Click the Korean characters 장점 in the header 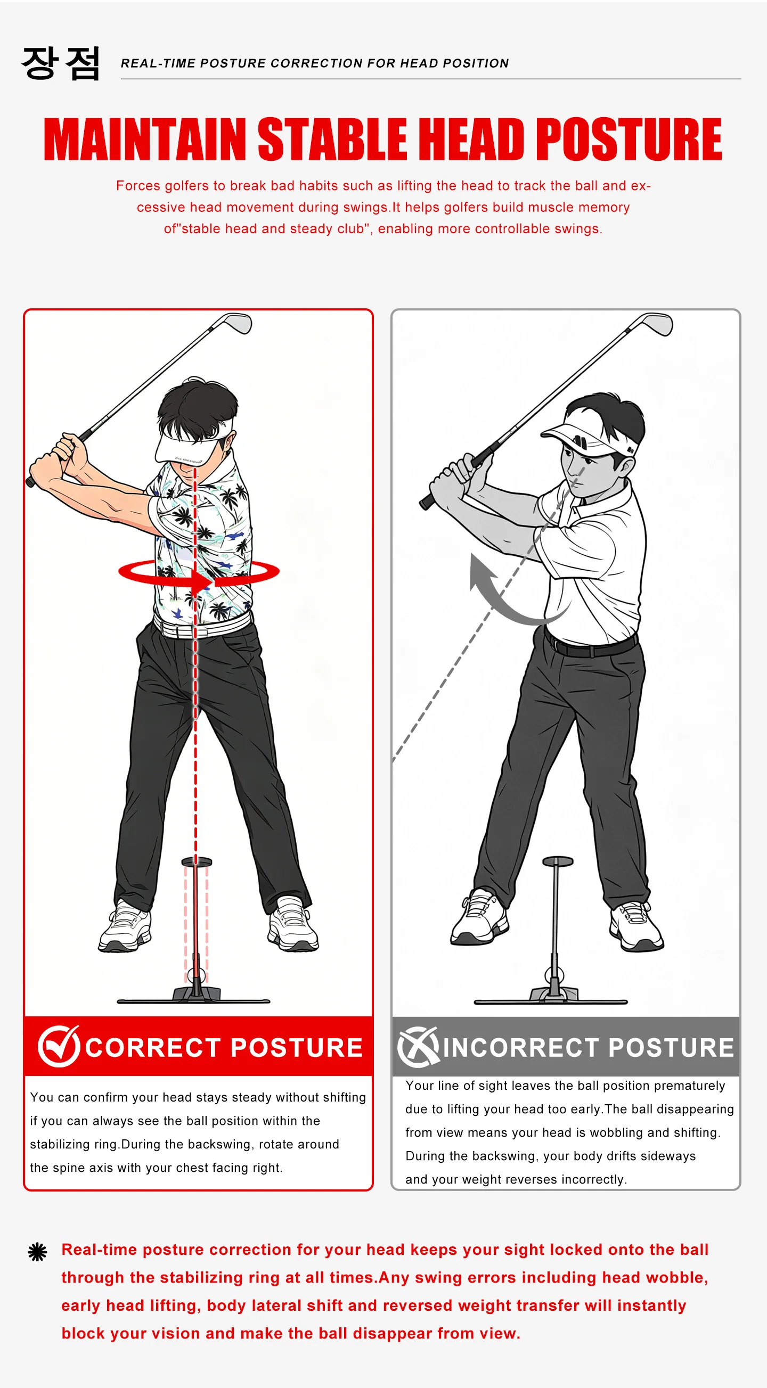pyautogui.click(x=61, y=63)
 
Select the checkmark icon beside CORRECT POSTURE pyautogui.click(x=59, y=1046)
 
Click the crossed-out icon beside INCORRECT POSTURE pyautogui.click(x=418, y=1046)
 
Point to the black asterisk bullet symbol pyautogui.click(x=37, y=1252)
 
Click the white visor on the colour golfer pyautogui.click(x=191, y=439)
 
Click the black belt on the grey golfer pyautogui.click(x=590, y=644)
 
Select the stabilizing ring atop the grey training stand pyautogui.click(x=557, y=860)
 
